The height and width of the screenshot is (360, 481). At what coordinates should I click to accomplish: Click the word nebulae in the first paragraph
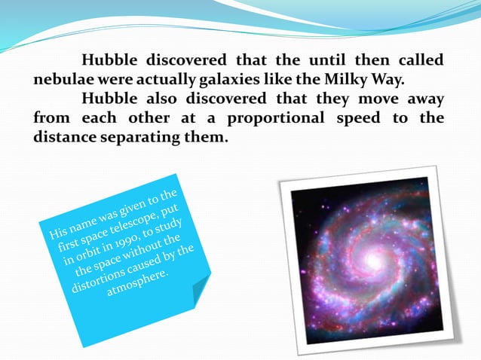point(63,79)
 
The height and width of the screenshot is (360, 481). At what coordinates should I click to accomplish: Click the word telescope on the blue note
point(133,219)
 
